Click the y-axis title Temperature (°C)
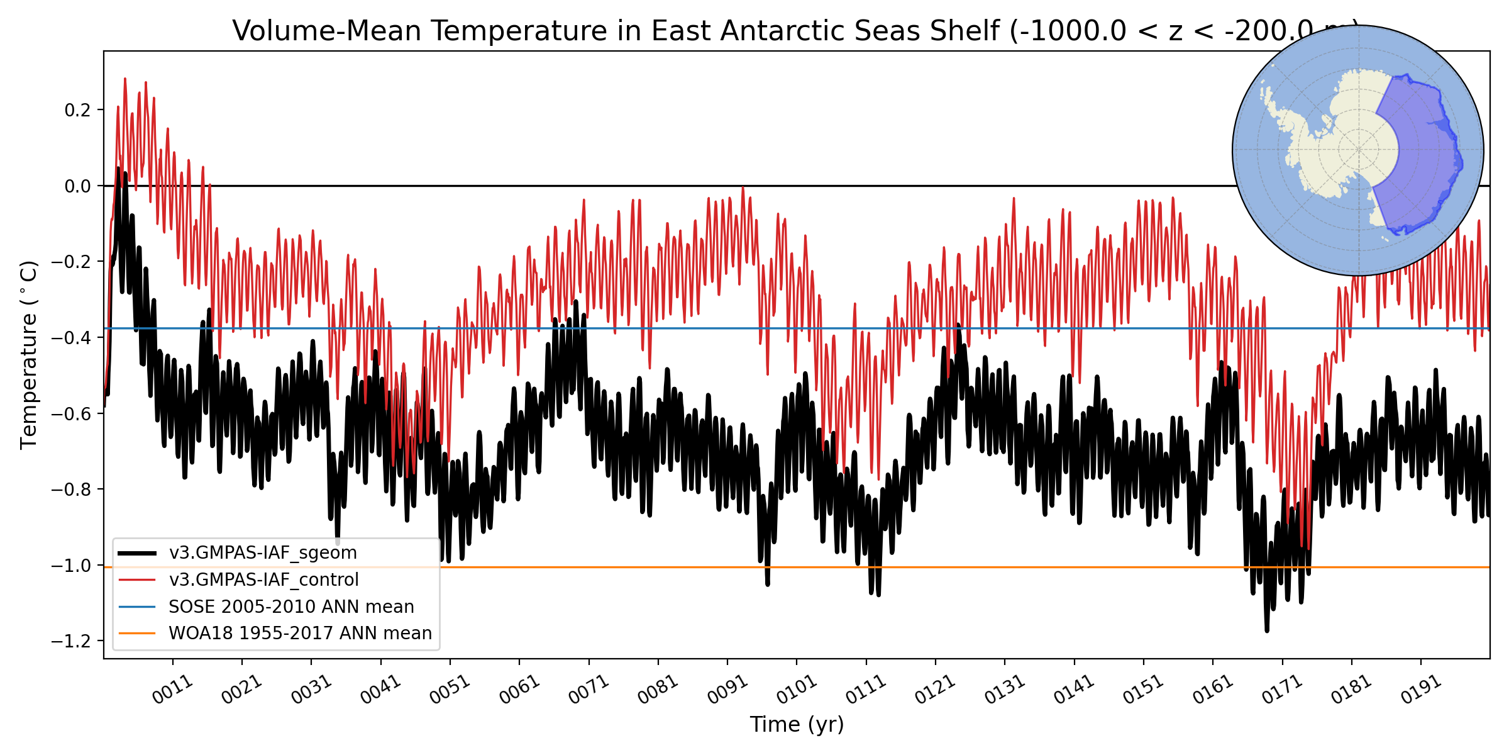tap(29, 355)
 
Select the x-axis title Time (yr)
tap(797, 725)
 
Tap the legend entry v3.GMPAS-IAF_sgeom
tap(262, 553)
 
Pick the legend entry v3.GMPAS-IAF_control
tap(263, 579)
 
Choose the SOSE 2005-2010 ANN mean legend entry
tap(291, 607)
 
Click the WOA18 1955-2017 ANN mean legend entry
tap(300, 633)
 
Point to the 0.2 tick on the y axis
tap(77, 110)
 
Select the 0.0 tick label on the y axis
tap(77, 186)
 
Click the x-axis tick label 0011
tap(172, 690)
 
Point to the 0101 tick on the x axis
tap(796, 690)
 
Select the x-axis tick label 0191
tap(1420, 690)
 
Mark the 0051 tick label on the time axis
tap(450, 690)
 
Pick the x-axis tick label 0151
tap(1143, 690)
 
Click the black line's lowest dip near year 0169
tap(1267, 630)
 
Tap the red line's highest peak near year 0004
tap(125, 79)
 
